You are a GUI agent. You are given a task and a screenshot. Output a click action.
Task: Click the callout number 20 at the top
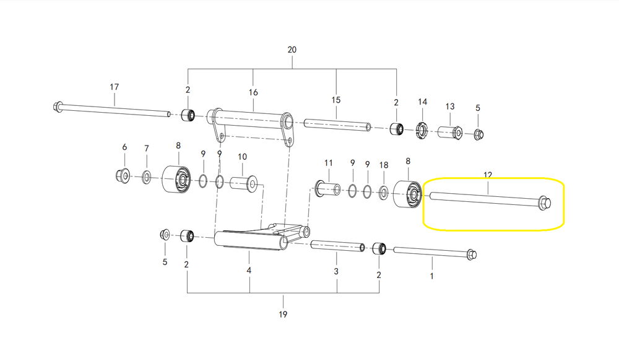click(292, 50)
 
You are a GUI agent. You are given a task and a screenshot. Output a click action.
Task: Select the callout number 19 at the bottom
click(283, 315)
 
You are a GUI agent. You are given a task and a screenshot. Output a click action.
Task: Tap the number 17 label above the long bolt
click(114, 87)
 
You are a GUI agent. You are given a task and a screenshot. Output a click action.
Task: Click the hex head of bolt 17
click(57, 106)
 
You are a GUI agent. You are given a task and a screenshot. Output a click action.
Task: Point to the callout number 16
click(253, 92)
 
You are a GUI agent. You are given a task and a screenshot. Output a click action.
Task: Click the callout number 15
click(336, 100)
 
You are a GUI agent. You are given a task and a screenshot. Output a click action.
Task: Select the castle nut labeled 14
click(422, 129)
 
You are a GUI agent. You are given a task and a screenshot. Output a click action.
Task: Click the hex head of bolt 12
click(545, 202)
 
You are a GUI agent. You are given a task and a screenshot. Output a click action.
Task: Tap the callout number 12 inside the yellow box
click(488, 175)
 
